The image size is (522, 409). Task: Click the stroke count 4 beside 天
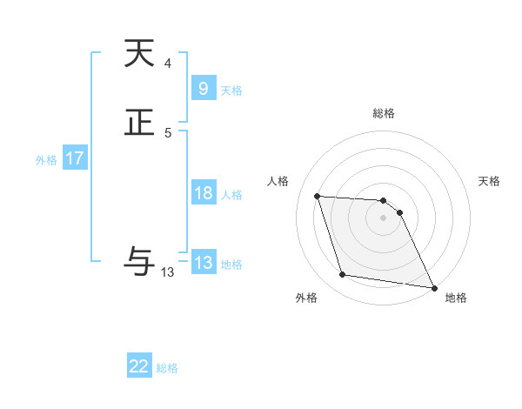coord(167,63)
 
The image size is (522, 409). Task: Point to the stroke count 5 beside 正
coord(167,132)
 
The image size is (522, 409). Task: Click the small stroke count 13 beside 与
coord(168,272)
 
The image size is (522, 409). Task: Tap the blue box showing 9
coord(203,89)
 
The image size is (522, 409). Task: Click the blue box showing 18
coord(203,193)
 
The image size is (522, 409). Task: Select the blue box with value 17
coord(74,158)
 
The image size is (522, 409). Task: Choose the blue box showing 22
coord(139,367)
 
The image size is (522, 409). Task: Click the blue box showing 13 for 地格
coord(203,263)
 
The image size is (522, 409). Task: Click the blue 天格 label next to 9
coord(231,90)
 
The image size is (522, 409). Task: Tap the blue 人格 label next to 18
coord(231,194)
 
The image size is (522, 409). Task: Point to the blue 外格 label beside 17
coord(46,159)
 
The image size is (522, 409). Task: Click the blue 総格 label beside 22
coord(167,368)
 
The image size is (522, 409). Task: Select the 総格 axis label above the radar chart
coord(384,113)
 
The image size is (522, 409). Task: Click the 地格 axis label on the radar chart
coord(456,298)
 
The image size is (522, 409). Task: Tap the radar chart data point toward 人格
coord(318,197)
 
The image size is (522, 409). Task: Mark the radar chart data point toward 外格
coord(343,275)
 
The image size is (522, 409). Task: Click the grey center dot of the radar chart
coord(384,218)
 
